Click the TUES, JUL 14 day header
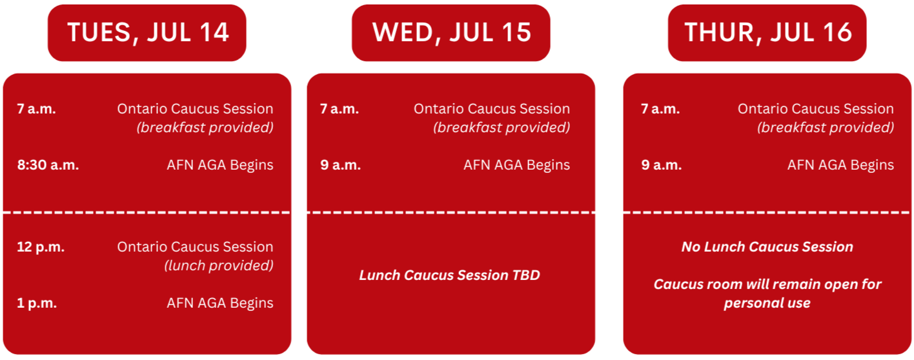pos(147,33)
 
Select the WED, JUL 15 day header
pos(451,33)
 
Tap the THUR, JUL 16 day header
pos(767,33)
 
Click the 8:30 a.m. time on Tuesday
pos(48,165)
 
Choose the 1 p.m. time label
pos(37,304)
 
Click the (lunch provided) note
pos(219,266)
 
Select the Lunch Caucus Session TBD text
pos(450,275)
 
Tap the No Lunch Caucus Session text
pos(767,247)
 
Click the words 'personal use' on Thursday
pos(767,303)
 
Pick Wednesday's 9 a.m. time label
pos(341,165)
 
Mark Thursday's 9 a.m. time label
pos(662,165)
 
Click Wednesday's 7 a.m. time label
pos(340,109)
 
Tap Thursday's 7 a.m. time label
pos(660,109)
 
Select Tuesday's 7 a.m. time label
pos(36,109)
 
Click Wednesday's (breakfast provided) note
pos(502,128)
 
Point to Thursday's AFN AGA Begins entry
pos(840,165)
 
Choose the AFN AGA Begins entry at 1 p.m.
pos(220,303)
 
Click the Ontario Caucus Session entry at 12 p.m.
pos(195,247)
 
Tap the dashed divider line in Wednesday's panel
pos(451,212)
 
